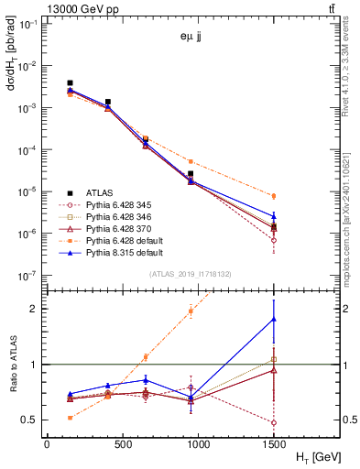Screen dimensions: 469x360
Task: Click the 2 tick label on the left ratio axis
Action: [37, 309]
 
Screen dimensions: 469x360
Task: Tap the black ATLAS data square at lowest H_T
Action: [70, 83]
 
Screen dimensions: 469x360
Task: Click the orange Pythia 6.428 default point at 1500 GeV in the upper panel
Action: [274, 196]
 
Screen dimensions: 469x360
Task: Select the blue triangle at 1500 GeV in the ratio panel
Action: [274, 319]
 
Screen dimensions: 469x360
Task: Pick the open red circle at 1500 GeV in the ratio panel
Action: [274, 423]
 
